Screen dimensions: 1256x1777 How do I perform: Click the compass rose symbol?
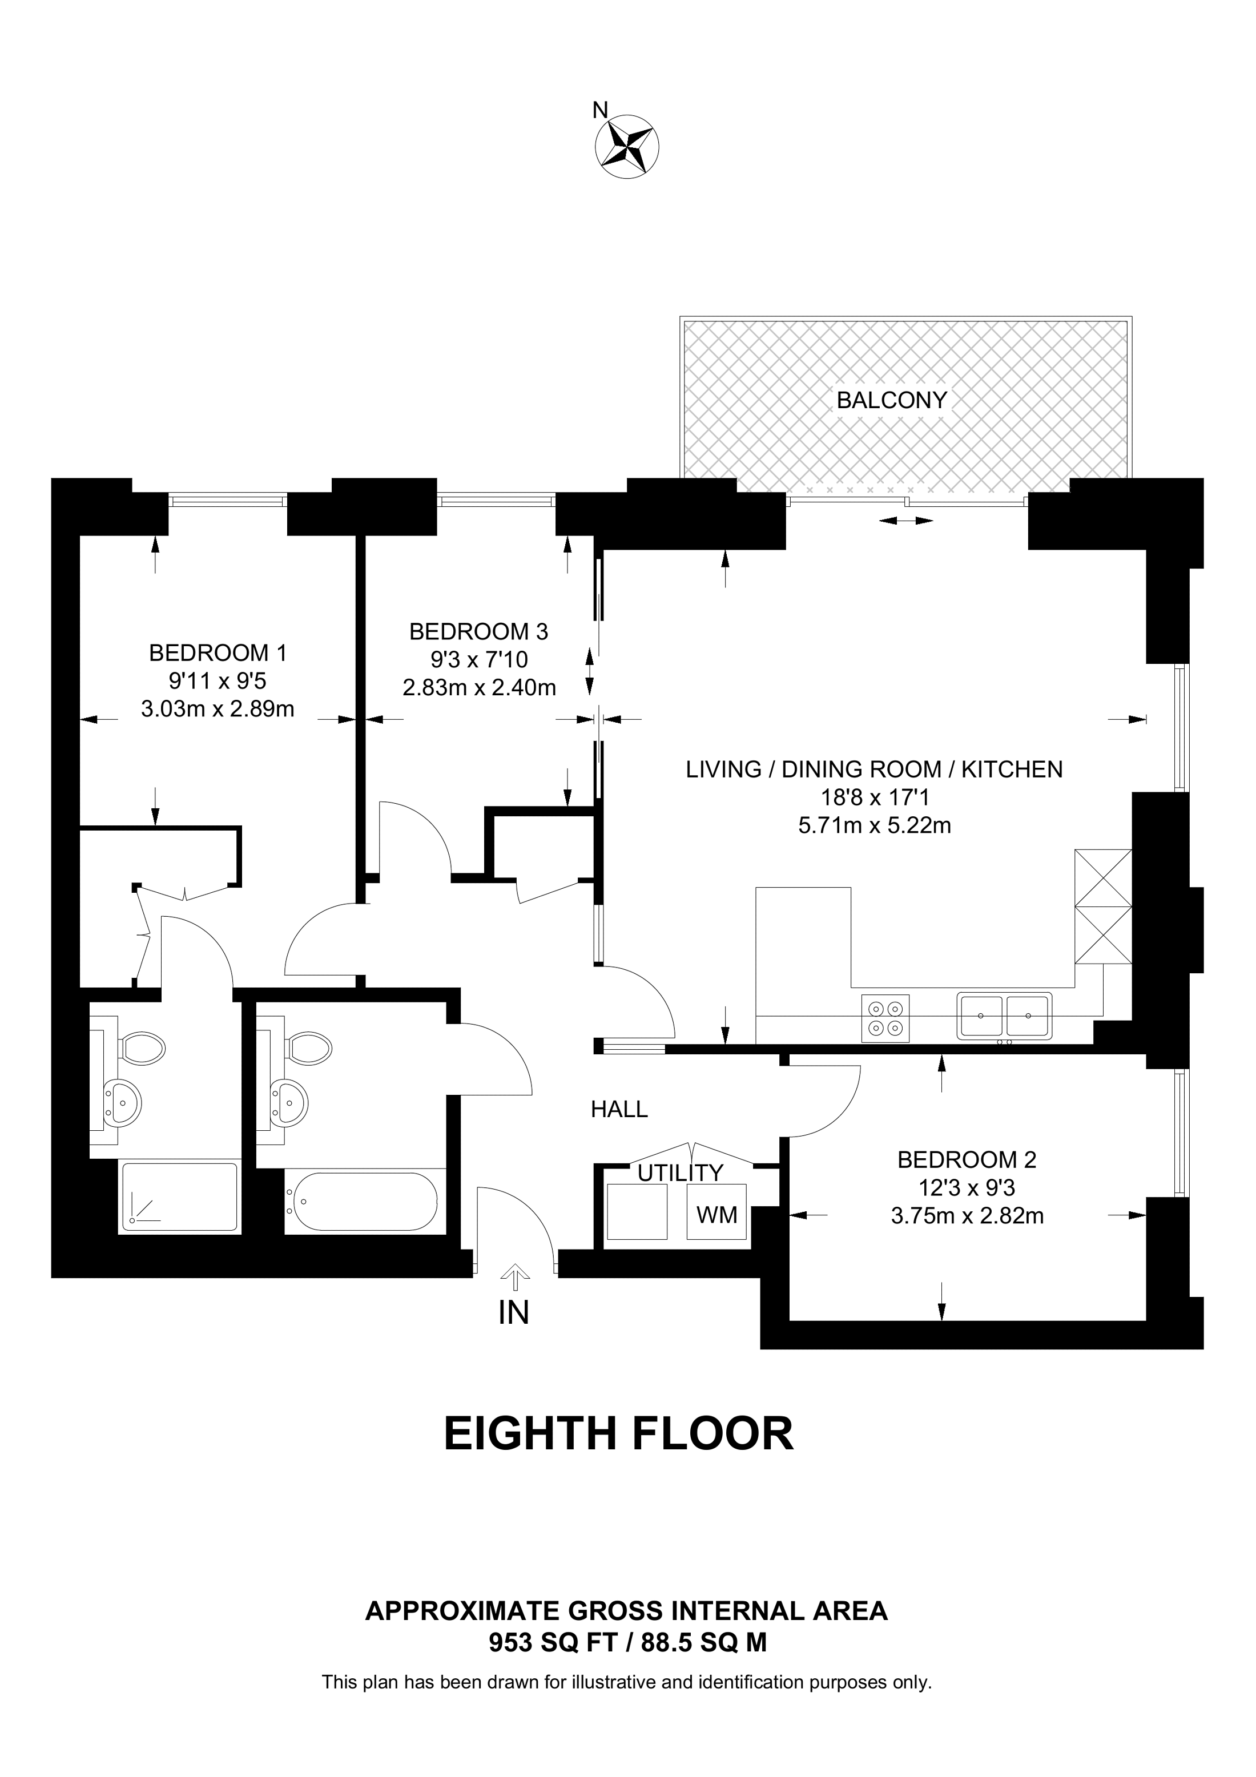point(627,146)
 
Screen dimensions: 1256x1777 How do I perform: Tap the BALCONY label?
point(892,400)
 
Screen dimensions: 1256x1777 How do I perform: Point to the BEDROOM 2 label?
point(967,1159)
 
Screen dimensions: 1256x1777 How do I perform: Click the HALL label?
point(619,1109)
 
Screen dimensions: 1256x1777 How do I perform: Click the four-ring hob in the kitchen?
point(885,1018)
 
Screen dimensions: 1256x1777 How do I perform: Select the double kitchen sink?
point(1004,1016)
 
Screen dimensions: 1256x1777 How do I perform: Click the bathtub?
point(361,1202)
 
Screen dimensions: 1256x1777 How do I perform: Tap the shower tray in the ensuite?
point(179,1196)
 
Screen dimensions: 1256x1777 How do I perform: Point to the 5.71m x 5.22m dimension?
point(875,826)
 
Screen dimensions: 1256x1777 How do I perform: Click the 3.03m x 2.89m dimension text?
point(218,708)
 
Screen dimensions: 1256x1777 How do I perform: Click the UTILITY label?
point(680,1172)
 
